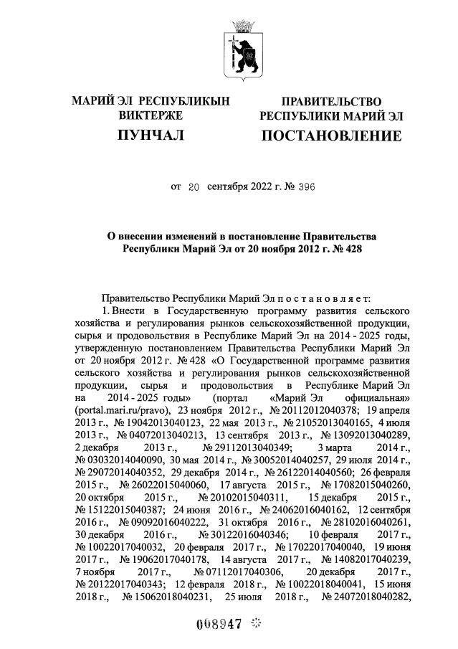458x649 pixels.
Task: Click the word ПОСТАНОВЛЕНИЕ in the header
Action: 330,135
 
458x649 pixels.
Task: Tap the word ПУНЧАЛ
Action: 151,135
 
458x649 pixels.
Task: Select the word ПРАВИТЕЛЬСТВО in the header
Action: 330,102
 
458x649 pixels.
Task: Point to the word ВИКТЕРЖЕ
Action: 151,115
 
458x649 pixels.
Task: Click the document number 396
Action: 305,187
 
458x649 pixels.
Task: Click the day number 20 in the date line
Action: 192,187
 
